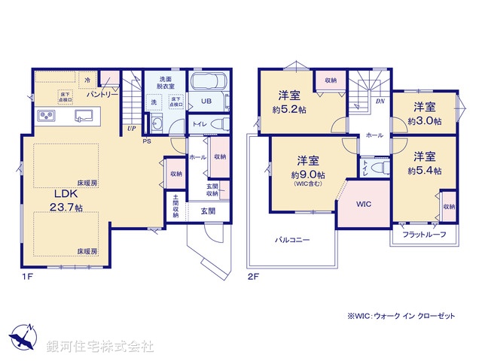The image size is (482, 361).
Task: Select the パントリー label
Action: coord(102,95)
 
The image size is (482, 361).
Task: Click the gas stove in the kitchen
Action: coord(47,116)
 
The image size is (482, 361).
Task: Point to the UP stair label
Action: coord(131,128)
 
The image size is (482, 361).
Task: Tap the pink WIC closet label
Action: coord(364,204)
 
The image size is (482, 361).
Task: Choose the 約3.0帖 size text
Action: coord(425,120)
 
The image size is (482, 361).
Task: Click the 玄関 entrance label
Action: coord(209,211)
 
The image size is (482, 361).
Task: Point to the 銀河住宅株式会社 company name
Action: coord(101,346)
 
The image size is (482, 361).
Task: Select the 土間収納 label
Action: coord(175,207)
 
